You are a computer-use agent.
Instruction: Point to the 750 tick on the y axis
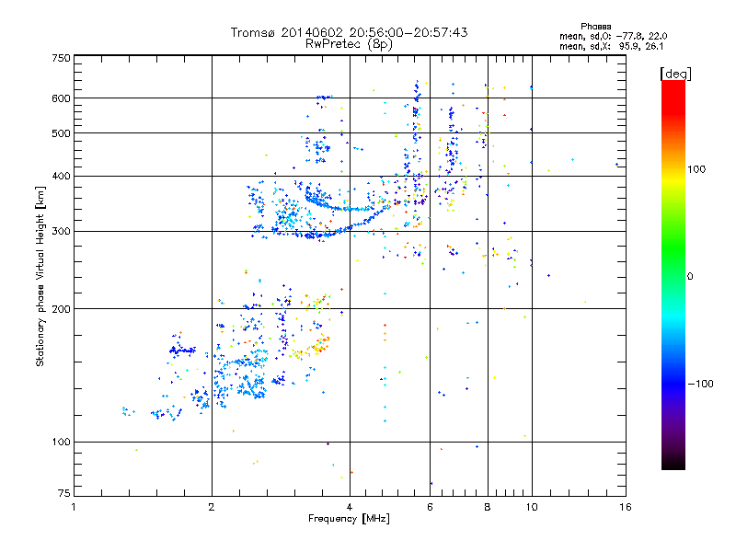pos(61,58)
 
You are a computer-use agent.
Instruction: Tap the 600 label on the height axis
pos(61,98)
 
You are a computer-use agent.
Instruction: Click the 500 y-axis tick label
pos(61,133)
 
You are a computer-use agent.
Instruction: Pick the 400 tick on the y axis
pos(61,176)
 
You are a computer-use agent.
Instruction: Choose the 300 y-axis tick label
pos(61,231)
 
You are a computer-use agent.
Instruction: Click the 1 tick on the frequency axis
pos(74,505)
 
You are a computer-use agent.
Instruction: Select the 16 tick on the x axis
pos(624,505)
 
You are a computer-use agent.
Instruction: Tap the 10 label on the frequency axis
pos(531,505)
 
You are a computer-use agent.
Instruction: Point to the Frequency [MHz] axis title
pos(349,519)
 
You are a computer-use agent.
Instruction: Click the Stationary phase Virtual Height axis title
pos(40,276)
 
